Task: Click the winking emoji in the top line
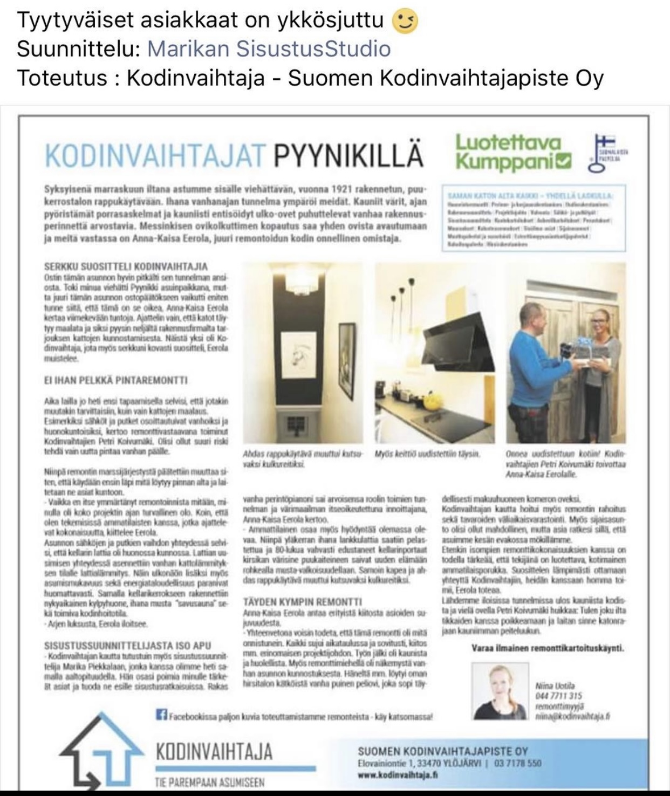pyautogui.click(x=404, y=22)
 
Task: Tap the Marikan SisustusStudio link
pyautogui.click(x=269, y=49)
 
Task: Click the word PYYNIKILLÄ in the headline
pyautogui.click(x=348, y=155)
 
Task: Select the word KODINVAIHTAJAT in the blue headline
pyautogui.click(x=155, y=155)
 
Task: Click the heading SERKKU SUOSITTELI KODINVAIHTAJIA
pyautogui.click(x=126, y=266)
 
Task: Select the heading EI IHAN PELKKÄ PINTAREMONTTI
pyautogui.click(x=115, y=381)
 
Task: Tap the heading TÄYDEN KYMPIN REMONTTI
pyautogui.click(x=295, y=601)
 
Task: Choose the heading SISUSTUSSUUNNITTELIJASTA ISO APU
pyautogui.click(x=127, y=646)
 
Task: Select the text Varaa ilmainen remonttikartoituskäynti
pyautogui.click(x=548, y=648)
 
